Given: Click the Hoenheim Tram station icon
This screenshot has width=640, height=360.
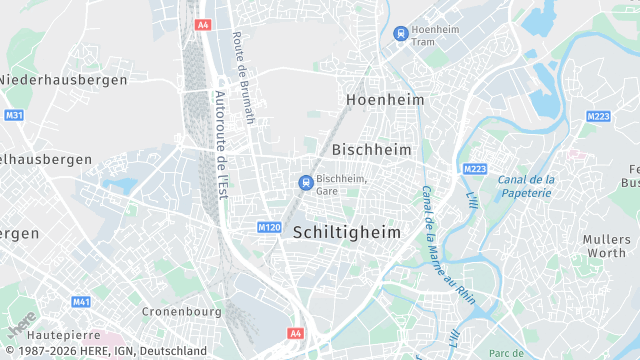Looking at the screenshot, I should point(401,33).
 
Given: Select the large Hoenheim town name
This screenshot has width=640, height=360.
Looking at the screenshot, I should point(385,100).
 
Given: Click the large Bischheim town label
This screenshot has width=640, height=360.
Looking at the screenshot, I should point(371,148).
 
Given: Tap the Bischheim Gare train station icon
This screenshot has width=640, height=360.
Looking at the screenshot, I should point(305,181).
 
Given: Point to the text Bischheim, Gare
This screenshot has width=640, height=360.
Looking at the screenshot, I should point(341,184).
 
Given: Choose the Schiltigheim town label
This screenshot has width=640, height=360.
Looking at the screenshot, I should point(347,232).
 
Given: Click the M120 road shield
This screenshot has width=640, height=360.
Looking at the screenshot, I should point(268,228).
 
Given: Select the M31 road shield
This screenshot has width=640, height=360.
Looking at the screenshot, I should point(14,116).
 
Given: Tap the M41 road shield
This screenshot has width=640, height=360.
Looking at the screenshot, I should point(81,301).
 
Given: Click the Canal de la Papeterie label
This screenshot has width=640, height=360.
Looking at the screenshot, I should point(525,186).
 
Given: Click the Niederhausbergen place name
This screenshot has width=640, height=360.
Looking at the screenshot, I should point(63,79).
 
